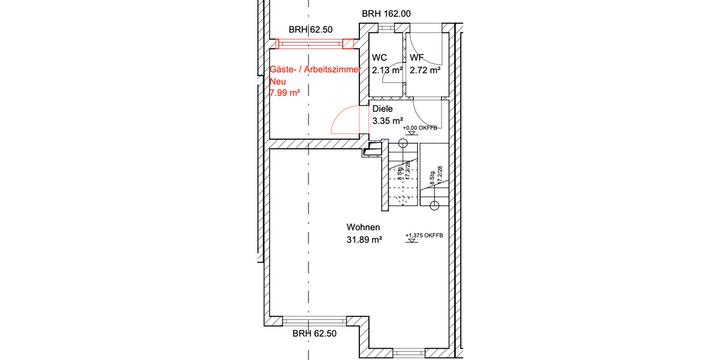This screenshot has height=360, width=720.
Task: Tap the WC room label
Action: [x=379, y=58]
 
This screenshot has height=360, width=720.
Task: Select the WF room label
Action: [x=416, y=58]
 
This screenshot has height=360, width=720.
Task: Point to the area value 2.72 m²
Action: [x=425, y=70]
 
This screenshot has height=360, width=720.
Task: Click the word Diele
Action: [x=382, y=109]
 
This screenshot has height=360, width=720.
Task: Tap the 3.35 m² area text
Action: [x=388, y=121]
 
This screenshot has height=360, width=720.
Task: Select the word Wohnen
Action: [x=363, y=227]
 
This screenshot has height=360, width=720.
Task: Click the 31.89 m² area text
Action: [x=365, y=239]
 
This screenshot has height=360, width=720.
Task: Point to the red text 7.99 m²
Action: [x=285, y=92]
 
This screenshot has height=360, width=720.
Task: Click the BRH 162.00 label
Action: [x=386, y=14]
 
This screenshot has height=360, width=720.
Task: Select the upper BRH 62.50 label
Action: [x=310, y=29]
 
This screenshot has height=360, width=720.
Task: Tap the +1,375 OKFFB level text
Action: [x=424, y=236]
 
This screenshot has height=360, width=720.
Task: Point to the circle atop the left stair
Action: [x=401, y=143]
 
